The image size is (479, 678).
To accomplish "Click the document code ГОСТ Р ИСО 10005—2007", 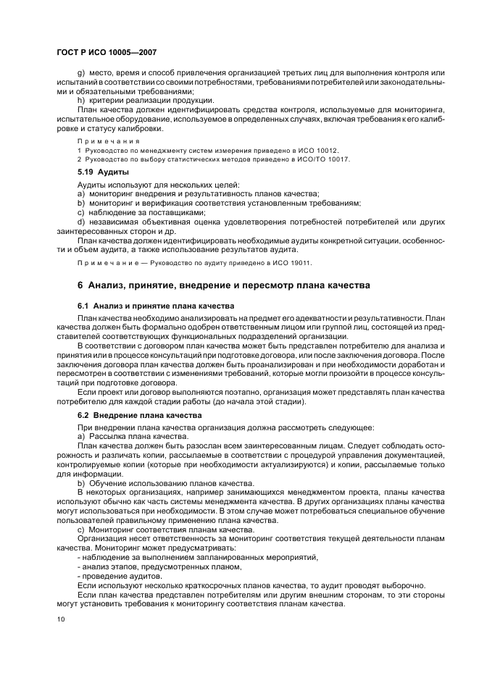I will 107,53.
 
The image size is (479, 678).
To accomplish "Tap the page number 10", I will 61,620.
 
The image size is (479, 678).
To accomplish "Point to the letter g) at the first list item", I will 80,74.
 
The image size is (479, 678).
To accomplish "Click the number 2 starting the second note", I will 79,159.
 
